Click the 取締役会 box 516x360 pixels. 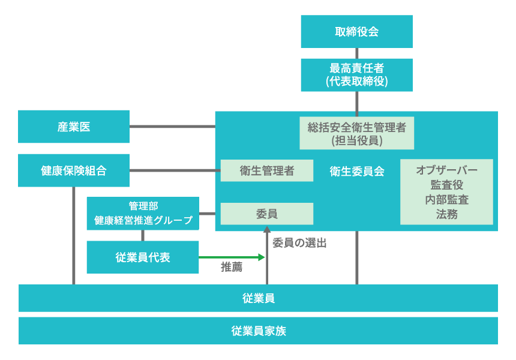coord(356,31)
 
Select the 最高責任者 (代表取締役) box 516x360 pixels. coord(356,75)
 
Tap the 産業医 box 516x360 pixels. coord(74,127)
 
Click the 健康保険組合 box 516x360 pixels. coord(74,170)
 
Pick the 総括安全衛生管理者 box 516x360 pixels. coord(356,133)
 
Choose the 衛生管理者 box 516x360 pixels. coord(266,170)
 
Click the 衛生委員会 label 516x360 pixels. coord(356,171)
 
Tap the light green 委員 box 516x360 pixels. coord(266,214)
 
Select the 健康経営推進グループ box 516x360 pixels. coord(143,214)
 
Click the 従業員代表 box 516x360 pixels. coord(143,257)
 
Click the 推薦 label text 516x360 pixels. coord(232,268)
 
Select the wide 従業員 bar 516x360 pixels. coord(258,298)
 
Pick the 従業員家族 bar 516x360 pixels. coord(258,331)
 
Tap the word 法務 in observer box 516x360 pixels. coord(446,214)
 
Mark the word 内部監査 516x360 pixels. coord(446,200)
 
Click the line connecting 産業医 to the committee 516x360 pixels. coord(172,127)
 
